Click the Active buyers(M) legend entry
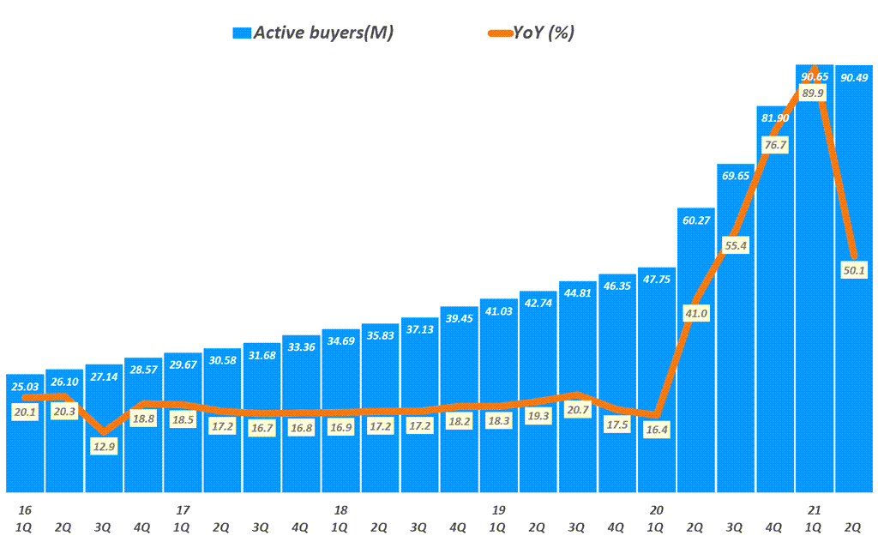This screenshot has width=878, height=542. (x=313, y=33)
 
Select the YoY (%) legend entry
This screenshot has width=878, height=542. (x=532, y=33)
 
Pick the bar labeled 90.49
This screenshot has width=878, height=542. (x=854, y=343)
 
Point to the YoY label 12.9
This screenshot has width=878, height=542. (x=105, y=446)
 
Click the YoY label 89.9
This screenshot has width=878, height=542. (x=813, y=93)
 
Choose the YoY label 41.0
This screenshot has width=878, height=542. (x=696, y=313)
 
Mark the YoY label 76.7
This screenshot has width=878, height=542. (x=775, y=145)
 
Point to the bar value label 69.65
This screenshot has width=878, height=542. (x=736, y=176)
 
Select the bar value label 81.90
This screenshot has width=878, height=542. (x=774, y=118)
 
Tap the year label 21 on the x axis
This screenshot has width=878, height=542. (x=815, y=509)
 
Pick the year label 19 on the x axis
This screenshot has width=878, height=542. (x=498, y=509)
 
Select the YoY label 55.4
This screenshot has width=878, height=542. (x=736, y=245)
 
